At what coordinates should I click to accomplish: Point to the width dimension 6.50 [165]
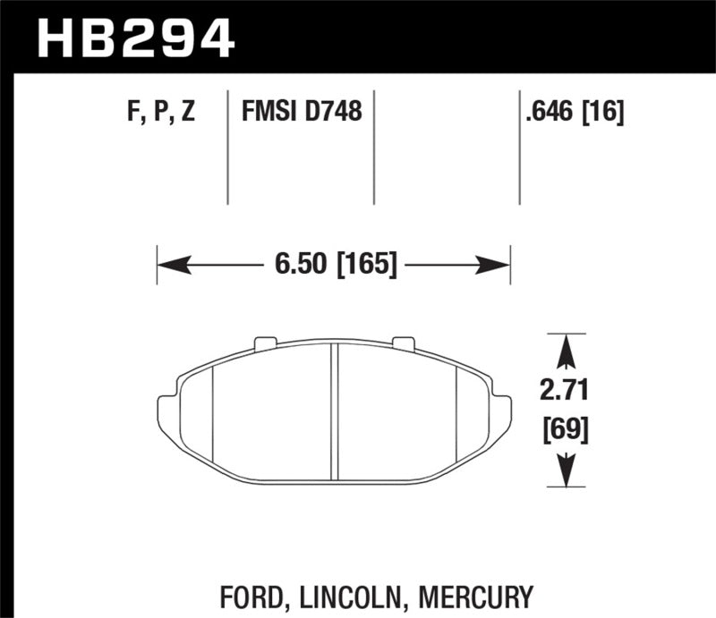point(334,265)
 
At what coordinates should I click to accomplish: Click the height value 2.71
point(565,392)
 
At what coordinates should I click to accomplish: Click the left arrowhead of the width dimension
point(170,265)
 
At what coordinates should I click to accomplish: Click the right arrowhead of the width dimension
point(497,265)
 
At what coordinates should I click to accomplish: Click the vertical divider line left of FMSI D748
point(228,148)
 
